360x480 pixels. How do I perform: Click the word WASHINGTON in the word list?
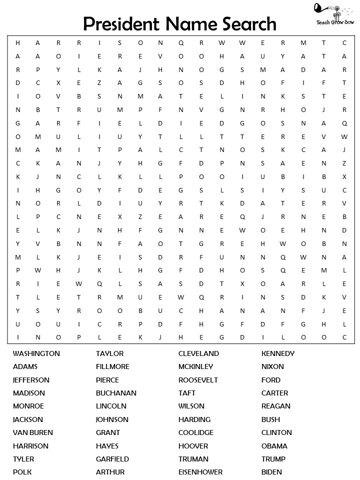36,353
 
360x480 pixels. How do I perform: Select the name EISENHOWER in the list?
200,472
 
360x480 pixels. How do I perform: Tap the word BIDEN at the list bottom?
271,472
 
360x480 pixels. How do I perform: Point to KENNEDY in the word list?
278,353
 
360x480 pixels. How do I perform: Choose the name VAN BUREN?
32,432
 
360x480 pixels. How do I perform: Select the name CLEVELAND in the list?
198,353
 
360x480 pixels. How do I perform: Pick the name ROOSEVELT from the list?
198,380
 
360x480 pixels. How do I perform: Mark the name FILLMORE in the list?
112,366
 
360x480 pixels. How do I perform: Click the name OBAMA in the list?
274,446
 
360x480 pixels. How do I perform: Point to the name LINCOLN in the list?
111,406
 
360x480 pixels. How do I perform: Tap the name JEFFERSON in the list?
31,380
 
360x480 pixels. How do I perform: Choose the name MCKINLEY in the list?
195,366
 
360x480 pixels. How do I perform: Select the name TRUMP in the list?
273,459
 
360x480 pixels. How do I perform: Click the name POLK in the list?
22,472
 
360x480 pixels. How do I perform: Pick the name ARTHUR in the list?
110,472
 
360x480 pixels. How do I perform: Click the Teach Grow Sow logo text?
334,22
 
